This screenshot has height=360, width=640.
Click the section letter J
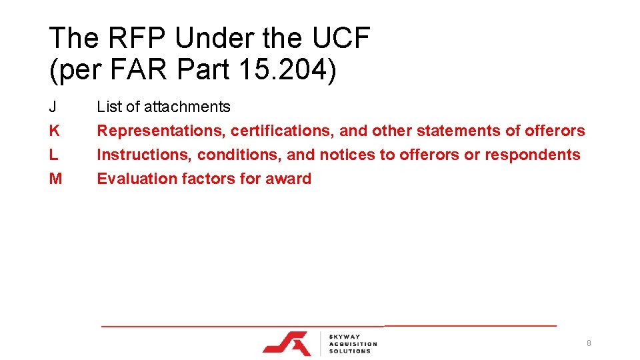53,107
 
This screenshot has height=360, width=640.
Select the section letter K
54,131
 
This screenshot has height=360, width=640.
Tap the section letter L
53,155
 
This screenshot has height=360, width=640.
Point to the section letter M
55,179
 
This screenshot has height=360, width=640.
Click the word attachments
187,107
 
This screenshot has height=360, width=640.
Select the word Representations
161,131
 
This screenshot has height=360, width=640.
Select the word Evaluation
137,179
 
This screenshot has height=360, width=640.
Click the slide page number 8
589,343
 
